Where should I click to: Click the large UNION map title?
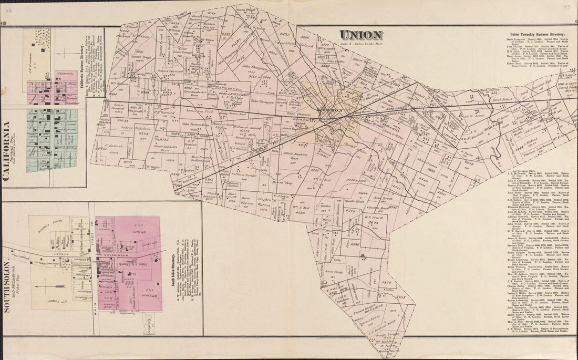point(360,35)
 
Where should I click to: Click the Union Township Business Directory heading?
point(537,33)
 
